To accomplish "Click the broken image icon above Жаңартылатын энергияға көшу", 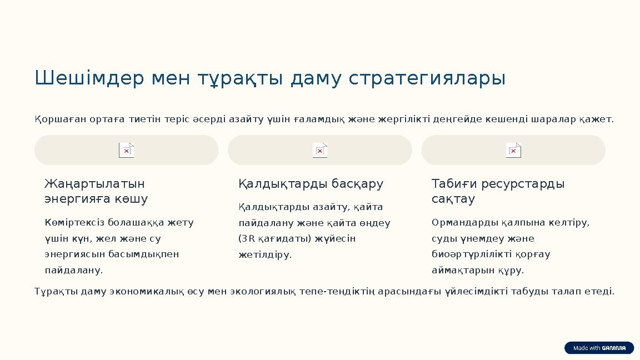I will pos(127,151).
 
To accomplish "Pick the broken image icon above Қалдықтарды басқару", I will pos(320,151).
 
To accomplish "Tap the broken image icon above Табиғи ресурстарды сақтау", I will pos(513,151).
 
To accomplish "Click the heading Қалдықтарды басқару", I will pos(311,184).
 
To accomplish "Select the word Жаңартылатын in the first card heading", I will pos(94,184).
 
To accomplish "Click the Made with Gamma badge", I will pos(599,348).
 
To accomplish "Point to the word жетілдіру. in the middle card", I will pos(265,255).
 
